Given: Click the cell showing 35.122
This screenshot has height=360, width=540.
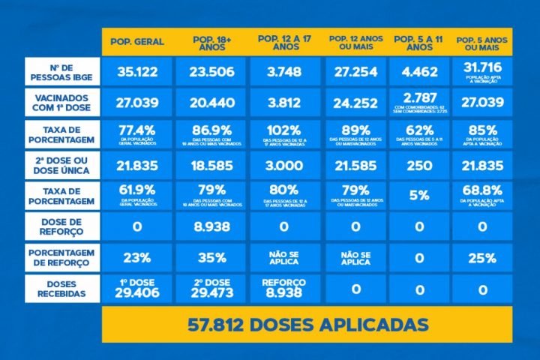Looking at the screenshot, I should pyautogui.click(x=137, y=73).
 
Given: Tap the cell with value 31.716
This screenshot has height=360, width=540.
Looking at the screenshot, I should pyautogui.click(x=481, y=72).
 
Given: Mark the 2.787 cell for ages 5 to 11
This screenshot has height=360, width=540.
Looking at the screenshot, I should pyautogui.click(x=419, y=103).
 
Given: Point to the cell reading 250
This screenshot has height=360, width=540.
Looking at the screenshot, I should pyautogui.click(x=419, y=165).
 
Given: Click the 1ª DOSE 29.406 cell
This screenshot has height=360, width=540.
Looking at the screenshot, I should pyautogui.click(x=137, y=289).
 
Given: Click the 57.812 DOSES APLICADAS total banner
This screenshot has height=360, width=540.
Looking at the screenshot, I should pyautogui.click(x=307, y=325).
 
